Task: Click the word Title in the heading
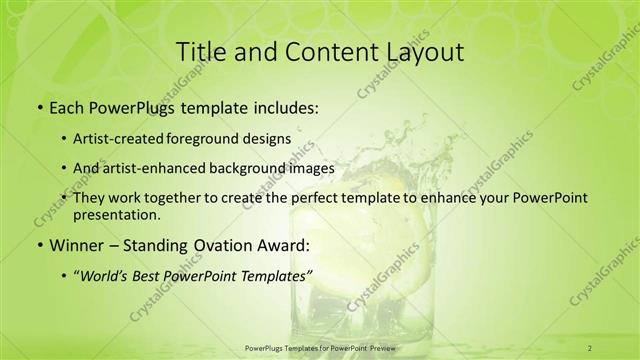click(198, 52)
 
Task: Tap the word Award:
click(286, 244)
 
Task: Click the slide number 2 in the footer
click(590, 347)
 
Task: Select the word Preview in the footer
click(383, 347)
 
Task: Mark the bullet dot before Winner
click(38, 245)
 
